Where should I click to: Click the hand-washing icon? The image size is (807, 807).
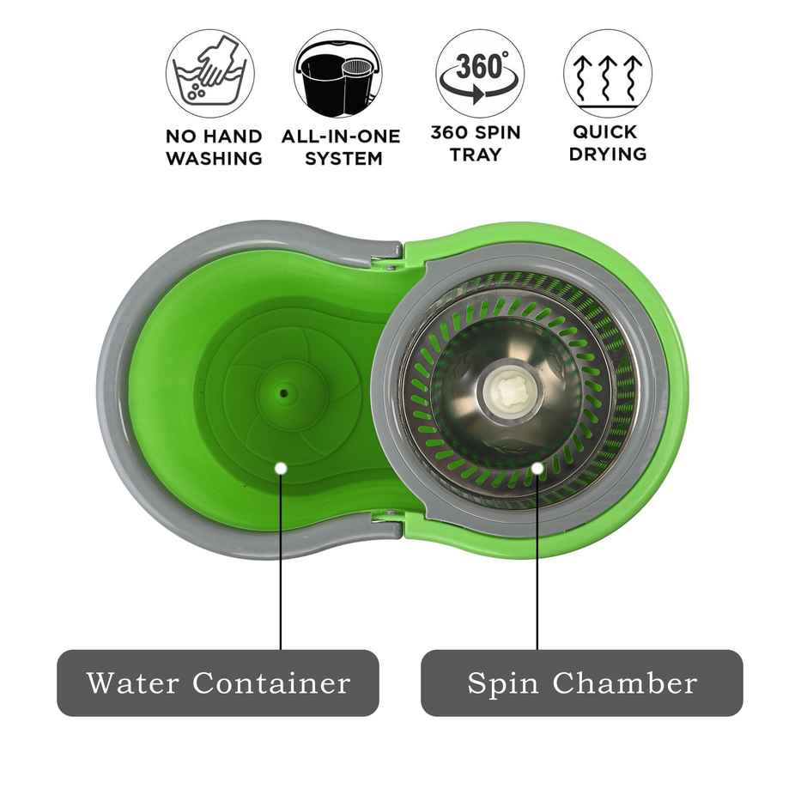[210, 73]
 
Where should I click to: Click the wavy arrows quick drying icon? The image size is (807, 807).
[607, 73]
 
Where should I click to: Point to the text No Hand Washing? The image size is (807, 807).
[214, 147]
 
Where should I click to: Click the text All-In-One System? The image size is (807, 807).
[341, 147]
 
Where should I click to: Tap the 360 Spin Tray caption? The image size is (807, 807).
[475, 143]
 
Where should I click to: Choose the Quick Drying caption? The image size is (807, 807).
[607, 143]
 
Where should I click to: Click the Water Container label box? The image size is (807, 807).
[218, 683]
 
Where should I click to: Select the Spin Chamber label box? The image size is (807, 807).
[581, 683]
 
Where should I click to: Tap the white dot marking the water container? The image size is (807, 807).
[281, 468]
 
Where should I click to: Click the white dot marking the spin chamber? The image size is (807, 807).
[537, 468]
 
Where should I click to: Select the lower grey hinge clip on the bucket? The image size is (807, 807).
[385, 520]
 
